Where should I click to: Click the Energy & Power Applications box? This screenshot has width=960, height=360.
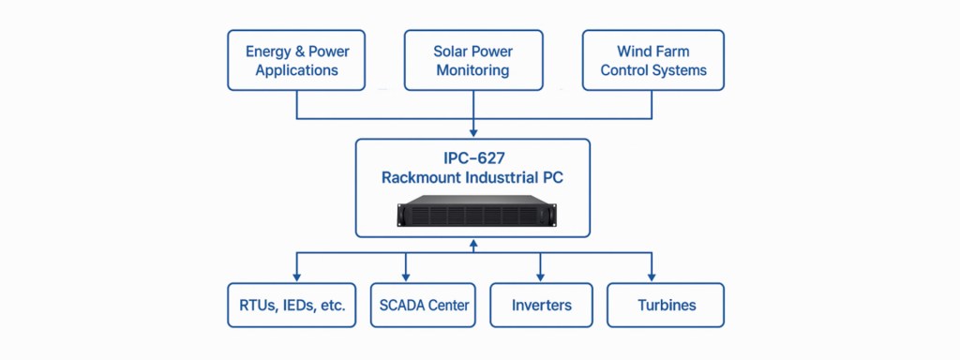[297, 60]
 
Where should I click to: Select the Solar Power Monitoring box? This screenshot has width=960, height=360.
[472, 60]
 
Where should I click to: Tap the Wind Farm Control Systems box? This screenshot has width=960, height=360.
[652, 60]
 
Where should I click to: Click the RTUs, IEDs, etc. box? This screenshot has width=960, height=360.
[292, 305]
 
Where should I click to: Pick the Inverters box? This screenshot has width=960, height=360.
[541, 305]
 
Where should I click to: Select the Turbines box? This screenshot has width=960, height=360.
[666, 305]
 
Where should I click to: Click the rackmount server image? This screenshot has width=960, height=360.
[472, 211]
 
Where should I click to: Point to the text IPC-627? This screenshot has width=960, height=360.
[472, 157]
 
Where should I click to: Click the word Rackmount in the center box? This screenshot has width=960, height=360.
[423, 177]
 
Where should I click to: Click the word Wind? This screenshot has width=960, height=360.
[635, 51]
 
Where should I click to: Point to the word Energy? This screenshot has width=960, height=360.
[268, 51]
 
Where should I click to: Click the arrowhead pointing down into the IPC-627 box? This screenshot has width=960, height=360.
[472, 133]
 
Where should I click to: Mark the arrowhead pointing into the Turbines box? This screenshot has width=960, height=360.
[652, 277]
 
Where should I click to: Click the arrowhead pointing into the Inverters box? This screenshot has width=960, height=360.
[541, 277]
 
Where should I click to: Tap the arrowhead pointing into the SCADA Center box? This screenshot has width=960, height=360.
[406, 277]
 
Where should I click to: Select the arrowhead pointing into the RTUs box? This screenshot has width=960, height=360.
[296, 277]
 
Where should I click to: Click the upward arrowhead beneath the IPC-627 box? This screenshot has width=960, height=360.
[472, 243]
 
